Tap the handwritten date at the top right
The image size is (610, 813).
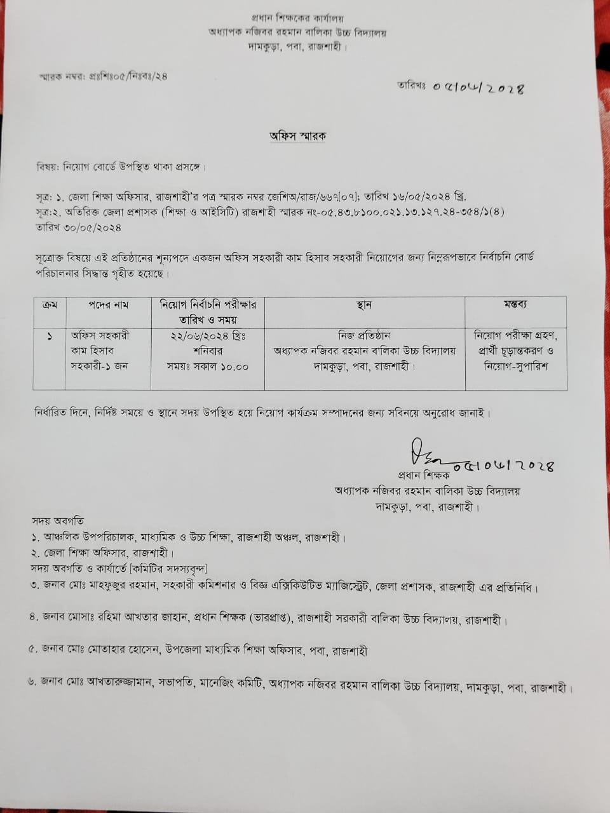click(x=478, y=88)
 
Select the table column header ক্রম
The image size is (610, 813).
click(x=50, y=305)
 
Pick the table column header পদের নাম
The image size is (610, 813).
click(x=108, y=305)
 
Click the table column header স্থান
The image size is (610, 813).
click(x=364, y=305)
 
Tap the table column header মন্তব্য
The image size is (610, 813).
click(x=515, y=305)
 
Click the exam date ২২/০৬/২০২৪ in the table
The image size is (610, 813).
click(x=207, y=336)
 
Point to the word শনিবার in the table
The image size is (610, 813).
click(x=207, y=351)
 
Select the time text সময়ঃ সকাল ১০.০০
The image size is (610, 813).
click(x=207, y=366)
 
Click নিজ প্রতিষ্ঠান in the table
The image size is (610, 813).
click(x=364, y=336)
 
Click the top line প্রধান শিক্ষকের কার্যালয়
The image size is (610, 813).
click(x=297, y=19)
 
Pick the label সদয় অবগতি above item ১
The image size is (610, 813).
click(x=60, y=521)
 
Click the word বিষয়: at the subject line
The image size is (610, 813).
click(x=48, y=168)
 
